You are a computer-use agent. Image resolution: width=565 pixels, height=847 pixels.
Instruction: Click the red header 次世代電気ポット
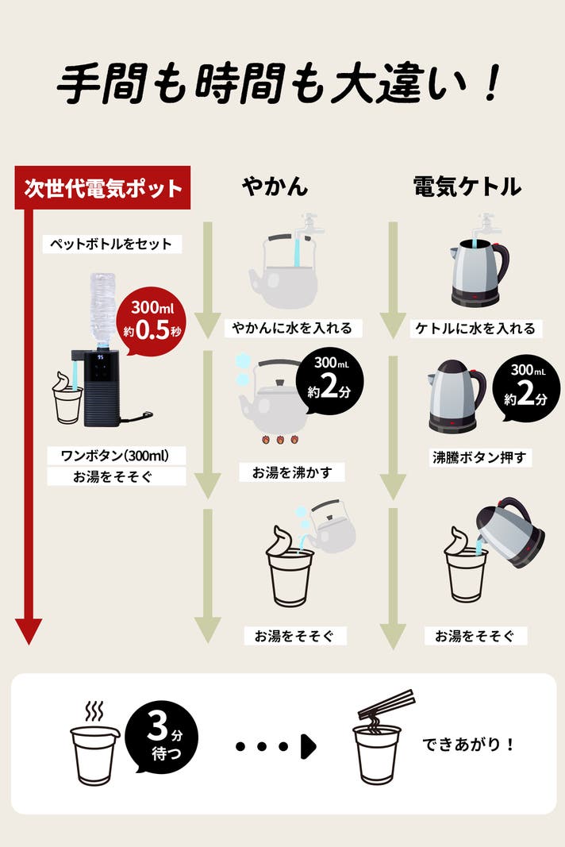102,187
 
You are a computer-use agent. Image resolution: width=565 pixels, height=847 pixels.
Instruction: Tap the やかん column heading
275,187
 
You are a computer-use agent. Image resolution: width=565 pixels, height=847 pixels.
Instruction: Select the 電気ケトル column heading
467,187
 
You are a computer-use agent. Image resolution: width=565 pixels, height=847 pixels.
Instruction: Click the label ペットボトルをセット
112,244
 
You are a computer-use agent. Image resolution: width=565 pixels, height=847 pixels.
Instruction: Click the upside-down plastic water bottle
102,309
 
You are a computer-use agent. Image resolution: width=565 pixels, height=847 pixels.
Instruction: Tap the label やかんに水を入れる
292,328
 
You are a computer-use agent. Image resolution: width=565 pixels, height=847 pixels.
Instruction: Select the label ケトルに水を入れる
475,329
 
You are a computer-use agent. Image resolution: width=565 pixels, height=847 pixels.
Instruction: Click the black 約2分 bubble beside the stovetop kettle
330,381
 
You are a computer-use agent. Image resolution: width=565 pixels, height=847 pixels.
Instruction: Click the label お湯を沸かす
292,472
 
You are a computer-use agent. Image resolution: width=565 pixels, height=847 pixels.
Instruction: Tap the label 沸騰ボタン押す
479,457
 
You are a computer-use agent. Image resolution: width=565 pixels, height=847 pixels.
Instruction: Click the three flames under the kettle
280,439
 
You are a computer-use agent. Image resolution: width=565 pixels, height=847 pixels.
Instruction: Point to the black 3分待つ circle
162,737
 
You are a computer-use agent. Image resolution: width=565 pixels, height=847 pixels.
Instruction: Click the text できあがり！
468,744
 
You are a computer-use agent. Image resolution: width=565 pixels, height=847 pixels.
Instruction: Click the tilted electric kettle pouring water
510,532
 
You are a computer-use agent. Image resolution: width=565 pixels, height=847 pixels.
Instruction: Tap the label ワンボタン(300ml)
115,456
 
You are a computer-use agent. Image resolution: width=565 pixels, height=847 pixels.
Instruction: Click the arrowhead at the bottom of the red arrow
29,631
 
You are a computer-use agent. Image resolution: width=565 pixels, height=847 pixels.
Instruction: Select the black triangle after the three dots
309,746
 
